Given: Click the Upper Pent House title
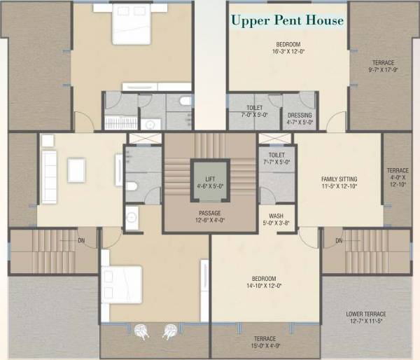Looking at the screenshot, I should (288, 20).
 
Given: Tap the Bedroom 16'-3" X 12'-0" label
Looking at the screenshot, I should (288, 47).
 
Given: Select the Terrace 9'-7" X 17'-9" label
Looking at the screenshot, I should (384, 66).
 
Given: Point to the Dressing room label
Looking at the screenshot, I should (300, 119).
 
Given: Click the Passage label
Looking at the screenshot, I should (209, 217).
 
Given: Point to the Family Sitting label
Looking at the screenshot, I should (339, 184).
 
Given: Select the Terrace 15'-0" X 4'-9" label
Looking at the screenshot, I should (265, 342).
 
